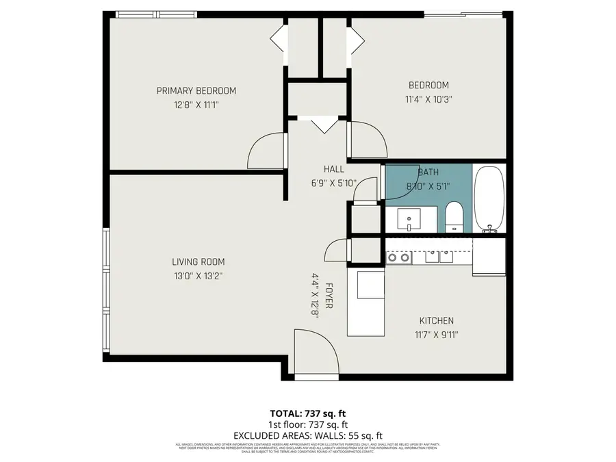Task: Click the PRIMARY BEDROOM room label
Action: coord(196,91)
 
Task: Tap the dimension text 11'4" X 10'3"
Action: coord(428,99)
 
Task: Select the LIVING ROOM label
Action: coord(198,261)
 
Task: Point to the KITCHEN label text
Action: coord(436,320)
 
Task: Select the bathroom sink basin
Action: coord(411,220)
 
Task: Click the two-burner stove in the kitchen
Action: coord(398,257)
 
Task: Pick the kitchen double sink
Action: coord(439,257)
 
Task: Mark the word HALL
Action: coord(334,169)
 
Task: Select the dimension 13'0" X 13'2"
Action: coord(198,276)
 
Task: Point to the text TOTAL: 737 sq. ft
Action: coord(307,413)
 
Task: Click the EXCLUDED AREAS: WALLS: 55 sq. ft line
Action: coord(307,435)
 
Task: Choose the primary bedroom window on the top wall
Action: coord(156,14)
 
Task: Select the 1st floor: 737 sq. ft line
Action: coord(307,424)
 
